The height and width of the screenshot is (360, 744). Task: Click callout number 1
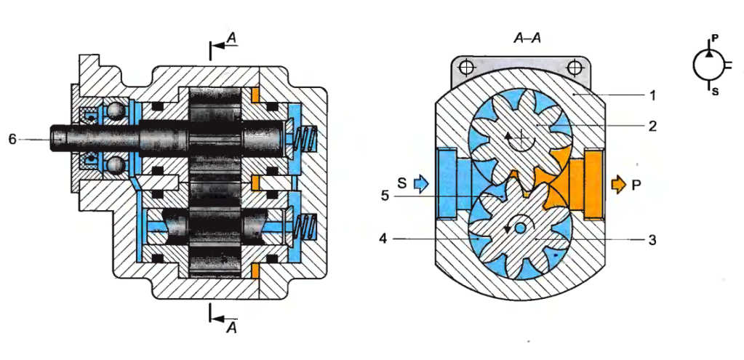[x=652, y=95]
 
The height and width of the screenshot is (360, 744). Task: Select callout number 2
[x=652, y=126]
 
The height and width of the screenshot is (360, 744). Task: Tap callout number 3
[x=652, y=240]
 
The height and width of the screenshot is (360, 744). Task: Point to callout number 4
[x=383, y=239]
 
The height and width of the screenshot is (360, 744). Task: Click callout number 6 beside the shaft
[x=13, y=140]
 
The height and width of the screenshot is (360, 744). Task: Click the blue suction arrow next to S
[x=421, y=183]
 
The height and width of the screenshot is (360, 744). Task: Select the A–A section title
[x=527, y=38]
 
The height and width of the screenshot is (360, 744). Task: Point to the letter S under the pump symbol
[x=715, y=92]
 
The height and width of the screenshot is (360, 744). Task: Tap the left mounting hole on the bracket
[x=467, y=68]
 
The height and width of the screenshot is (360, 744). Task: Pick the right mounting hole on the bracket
[x=575, y=68]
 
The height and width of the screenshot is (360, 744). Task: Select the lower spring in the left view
[x=306, y=227]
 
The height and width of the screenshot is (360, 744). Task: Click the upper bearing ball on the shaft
[x=116, y=111]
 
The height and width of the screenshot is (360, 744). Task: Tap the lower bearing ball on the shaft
[x=116, y=167]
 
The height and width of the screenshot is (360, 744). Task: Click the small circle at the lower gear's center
[x=520, y=228]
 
